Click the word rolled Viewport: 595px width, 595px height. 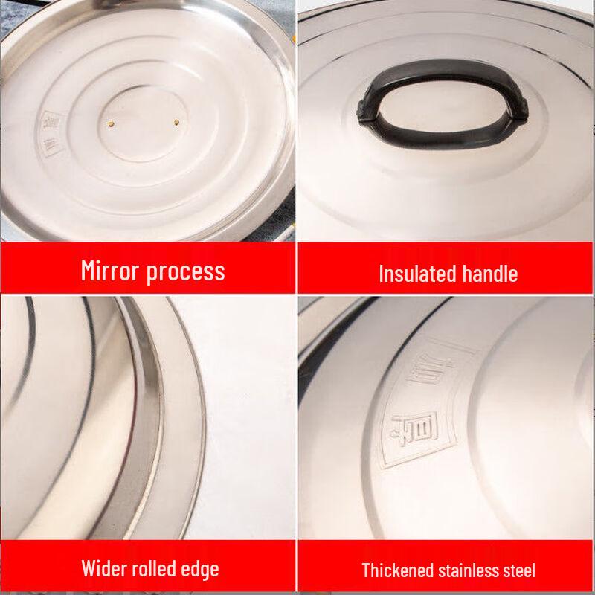155,570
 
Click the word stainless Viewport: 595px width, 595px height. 466,571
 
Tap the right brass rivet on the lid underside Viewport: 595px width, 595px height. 177,119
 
